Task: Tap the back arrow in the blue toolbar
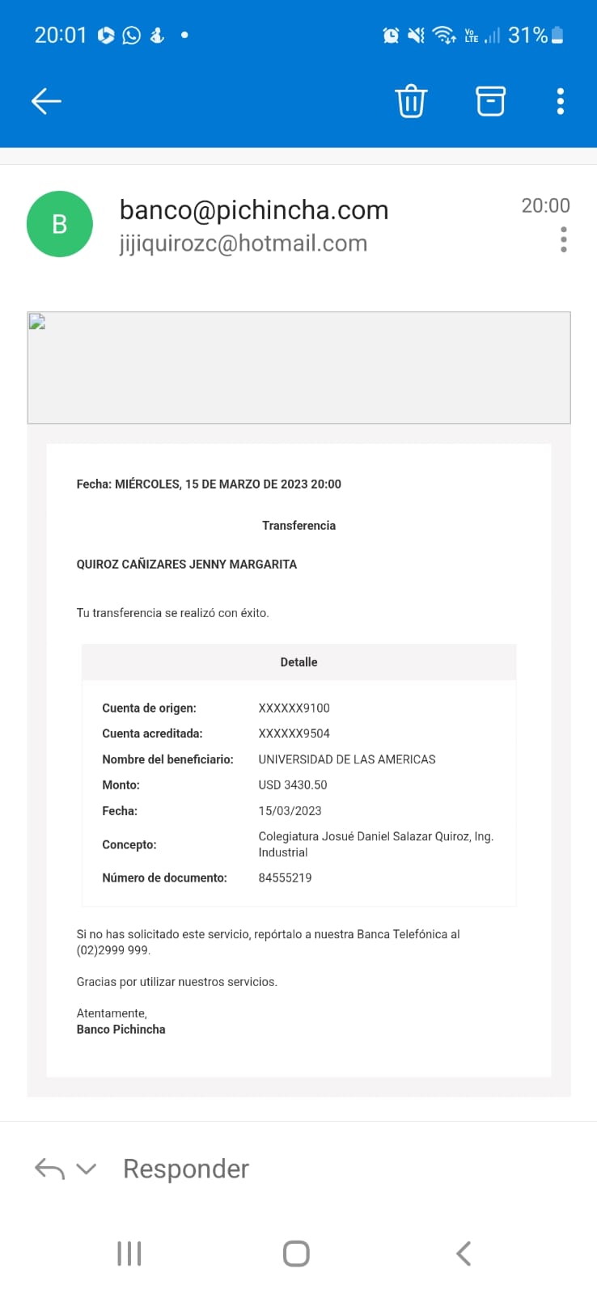click(46, 101)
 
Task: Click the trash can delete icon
click(411, 101)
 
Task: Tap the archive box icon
click(490, 101)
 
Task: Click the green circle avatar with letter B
click(59, 224)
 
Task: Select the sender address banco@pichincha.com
click(253, 210)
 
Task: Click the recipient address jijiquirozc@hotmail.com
click(243, 243)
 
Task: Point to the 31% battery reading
click(527, 35)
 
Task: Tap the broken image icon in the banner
click(37, 322)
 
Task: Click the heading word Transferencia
click(298, 526)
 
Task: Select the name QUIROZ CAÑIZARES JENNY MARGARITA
click(186, 565)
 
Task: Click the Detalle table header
click(298, 662)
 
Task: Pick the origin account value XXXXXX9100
click(294, 708)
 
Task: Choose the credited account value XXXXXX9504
click(294, 734)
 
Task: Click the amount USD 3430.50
click(292, 784)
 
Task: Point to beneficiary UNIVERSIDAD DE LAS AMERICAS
click(346, 759)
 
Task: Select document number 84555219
click(285, 877)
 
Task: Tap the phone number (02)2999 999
click(112, 950)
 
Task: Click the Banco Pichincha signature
click(121, 1030)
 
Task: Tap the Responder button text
click(185, 1169)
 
